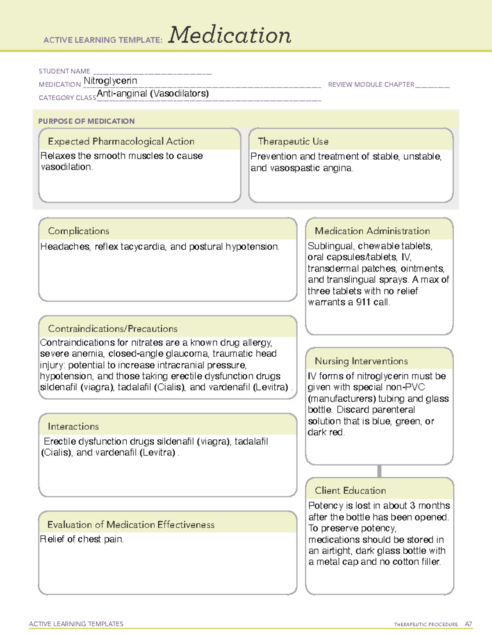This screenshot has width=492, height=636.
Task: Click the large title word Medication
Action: click(230, 35)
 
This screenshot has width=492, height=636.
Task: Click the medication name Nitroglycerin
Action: click(110, 81)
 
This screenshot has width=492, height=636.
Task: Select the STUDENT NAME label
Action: click(64, 71)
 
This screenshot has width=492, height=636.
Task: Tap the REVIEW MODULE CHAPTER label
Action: click(371, 84)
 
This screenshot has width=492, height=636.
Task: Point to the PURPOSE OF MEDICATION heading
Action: click(87, 121)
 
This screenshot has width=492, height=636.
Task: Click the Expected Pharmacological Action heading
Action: click(121, 141)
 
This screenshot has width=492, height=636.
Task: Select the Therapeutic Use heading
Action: click(293, 141)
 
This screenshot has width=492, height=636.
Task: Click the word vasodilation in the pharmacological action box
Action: click(66, 167)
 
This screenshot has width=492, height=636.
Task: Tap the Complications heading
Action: click(79, 231)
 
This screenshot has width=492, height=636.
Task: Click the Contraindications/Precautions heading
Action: click(113, 329)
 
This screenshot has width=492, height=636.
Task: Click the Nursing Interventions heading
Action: click(361, 361)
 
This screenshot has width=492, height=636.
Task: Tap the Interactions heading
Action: click(73, 427)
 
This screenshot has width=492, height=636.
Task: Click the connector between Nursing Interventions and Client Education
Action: click(379, 471)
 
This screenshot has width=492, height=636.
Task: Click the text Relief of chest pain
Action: click(82, 539)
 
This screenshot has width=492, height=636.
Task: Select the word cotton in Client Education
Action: click(406, 562)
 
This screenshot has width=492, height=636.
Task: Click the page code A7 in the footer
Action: click(468, 624)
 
